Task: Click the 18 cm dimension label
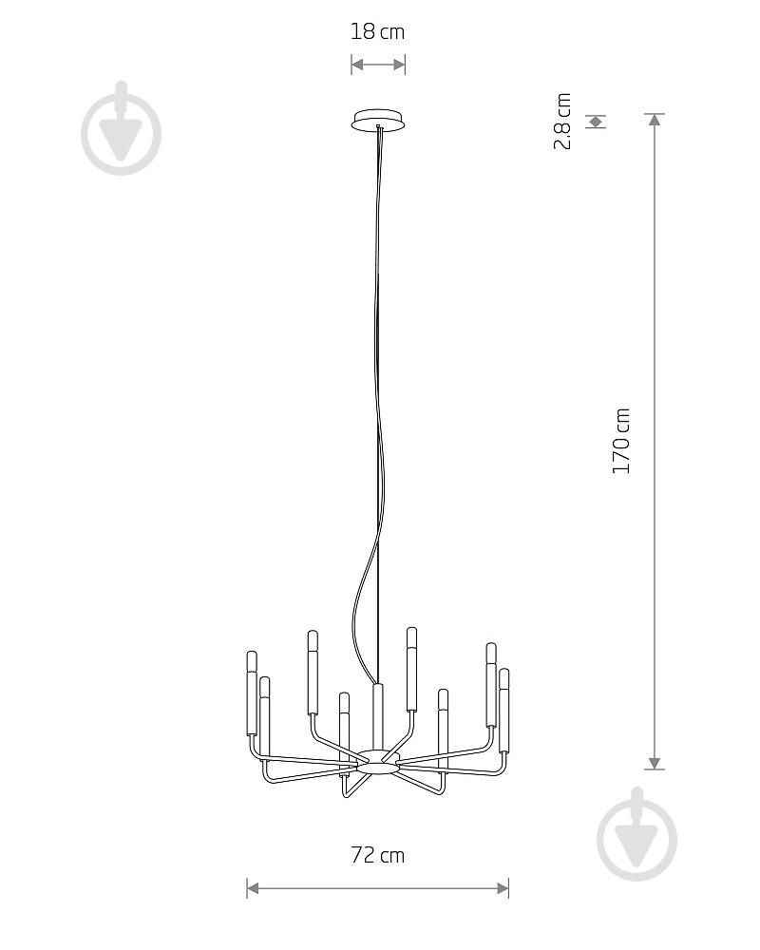[x=377, y=31]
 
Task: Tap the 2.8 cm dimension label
[x=562, y=122]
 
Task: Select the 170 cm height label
[x=621, y=441]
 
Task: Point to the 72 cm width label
[x=377, y=855]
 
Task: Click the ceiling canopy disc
[x=377, y=120]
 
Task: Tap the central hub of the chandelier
[x=377, y=761]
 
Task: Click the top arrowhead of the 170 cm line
[x=654, y=120]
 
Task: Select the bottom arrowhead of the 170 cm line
[x=654, y=764]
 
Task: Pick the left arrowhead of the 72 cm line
[x=254, y=888]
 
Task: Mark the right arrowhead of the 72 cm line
[x=503, y=888]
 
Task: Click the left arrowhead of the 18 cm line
[x=357, y=65]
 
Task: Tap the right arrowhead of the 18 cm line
[x=399, y=65]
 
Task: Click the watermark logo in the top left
[x=122, y=128]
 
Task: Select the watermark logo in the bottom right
[x=636, y=834]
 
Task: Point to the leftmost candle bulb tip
[x=252, y=654]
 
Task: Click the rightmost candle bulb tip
[x=503, y=671]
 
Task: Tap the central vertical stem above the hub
[x=377, y=716]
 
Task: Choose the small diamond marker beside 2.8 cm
[x=596, y=122]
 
